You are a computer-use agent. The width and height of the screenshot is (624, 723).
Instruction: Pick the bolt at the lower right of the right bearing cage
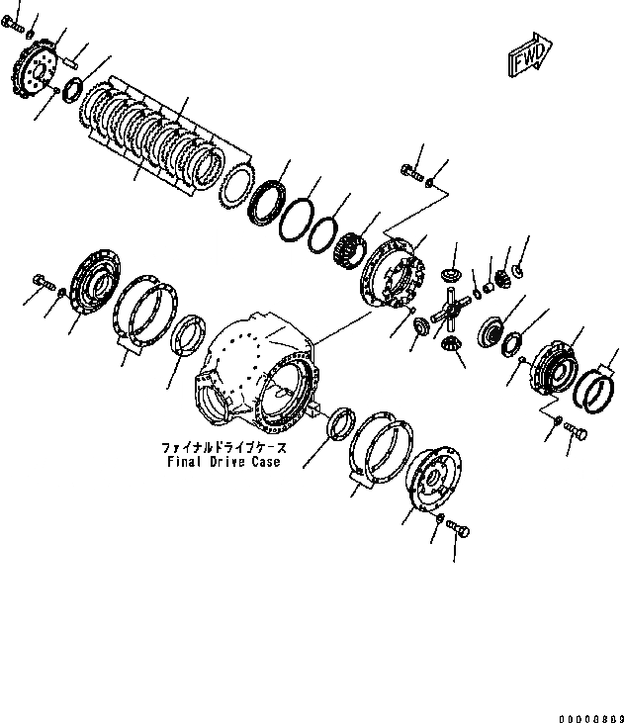pos(579,432)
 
